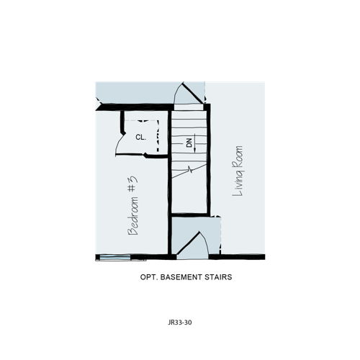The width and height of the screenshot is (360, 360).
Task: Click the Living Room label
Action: click(x=238, y=171)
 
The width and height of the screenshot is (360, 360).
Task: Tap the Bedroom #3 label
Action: click(x=132, y=206)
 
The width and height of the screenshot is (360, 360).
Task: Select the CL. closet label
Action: click(x=140, y=138)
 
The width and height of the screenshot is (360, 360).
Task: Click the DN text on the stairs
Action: click(x=189, y=143)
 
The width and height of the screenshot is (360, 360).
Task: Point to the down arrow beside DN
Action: click(x=195, y=143)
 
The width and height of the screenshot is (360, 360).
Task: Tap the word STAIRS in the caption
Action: click(x=218, y=277)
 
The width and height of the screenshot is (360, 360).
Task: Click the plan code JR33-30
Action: click(x=180, y=323)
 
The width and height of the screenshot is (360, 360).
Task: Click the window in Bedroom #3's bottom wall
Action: click(x=115, y=258)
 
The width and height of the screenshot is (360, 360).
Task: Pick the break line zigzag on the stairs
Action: click(x=190, y=170)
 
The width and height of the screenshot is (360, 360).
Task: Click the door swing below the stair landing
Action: click(x=192, y=243)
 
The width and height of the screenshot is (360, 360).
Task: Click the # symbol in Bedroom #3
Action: click(x=132, y=189)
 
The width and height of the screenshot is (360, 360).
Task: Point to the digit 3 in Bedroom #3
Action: click(x=134, y=179)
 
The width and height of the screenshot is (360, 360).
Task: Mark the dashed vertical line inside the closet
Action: click(x=158, y=136)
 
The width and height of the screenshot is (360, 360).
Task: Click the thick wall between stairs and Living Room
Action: click(x=209, y=160)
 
